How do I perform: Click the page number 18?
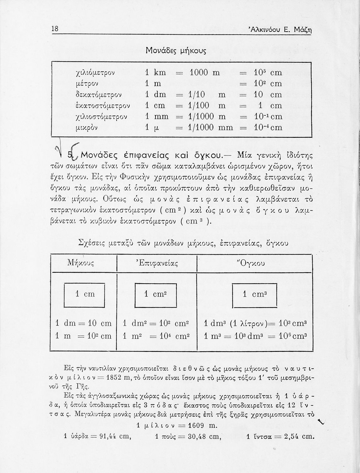click(55, 29)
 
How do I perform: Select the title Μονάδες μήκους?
click(176, 50)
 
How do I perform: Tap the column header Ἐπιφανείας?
click(157, 262)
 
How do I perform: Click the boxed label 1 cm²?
click(155, 294)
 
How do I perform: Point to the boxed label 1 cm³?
click(254, 294)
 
